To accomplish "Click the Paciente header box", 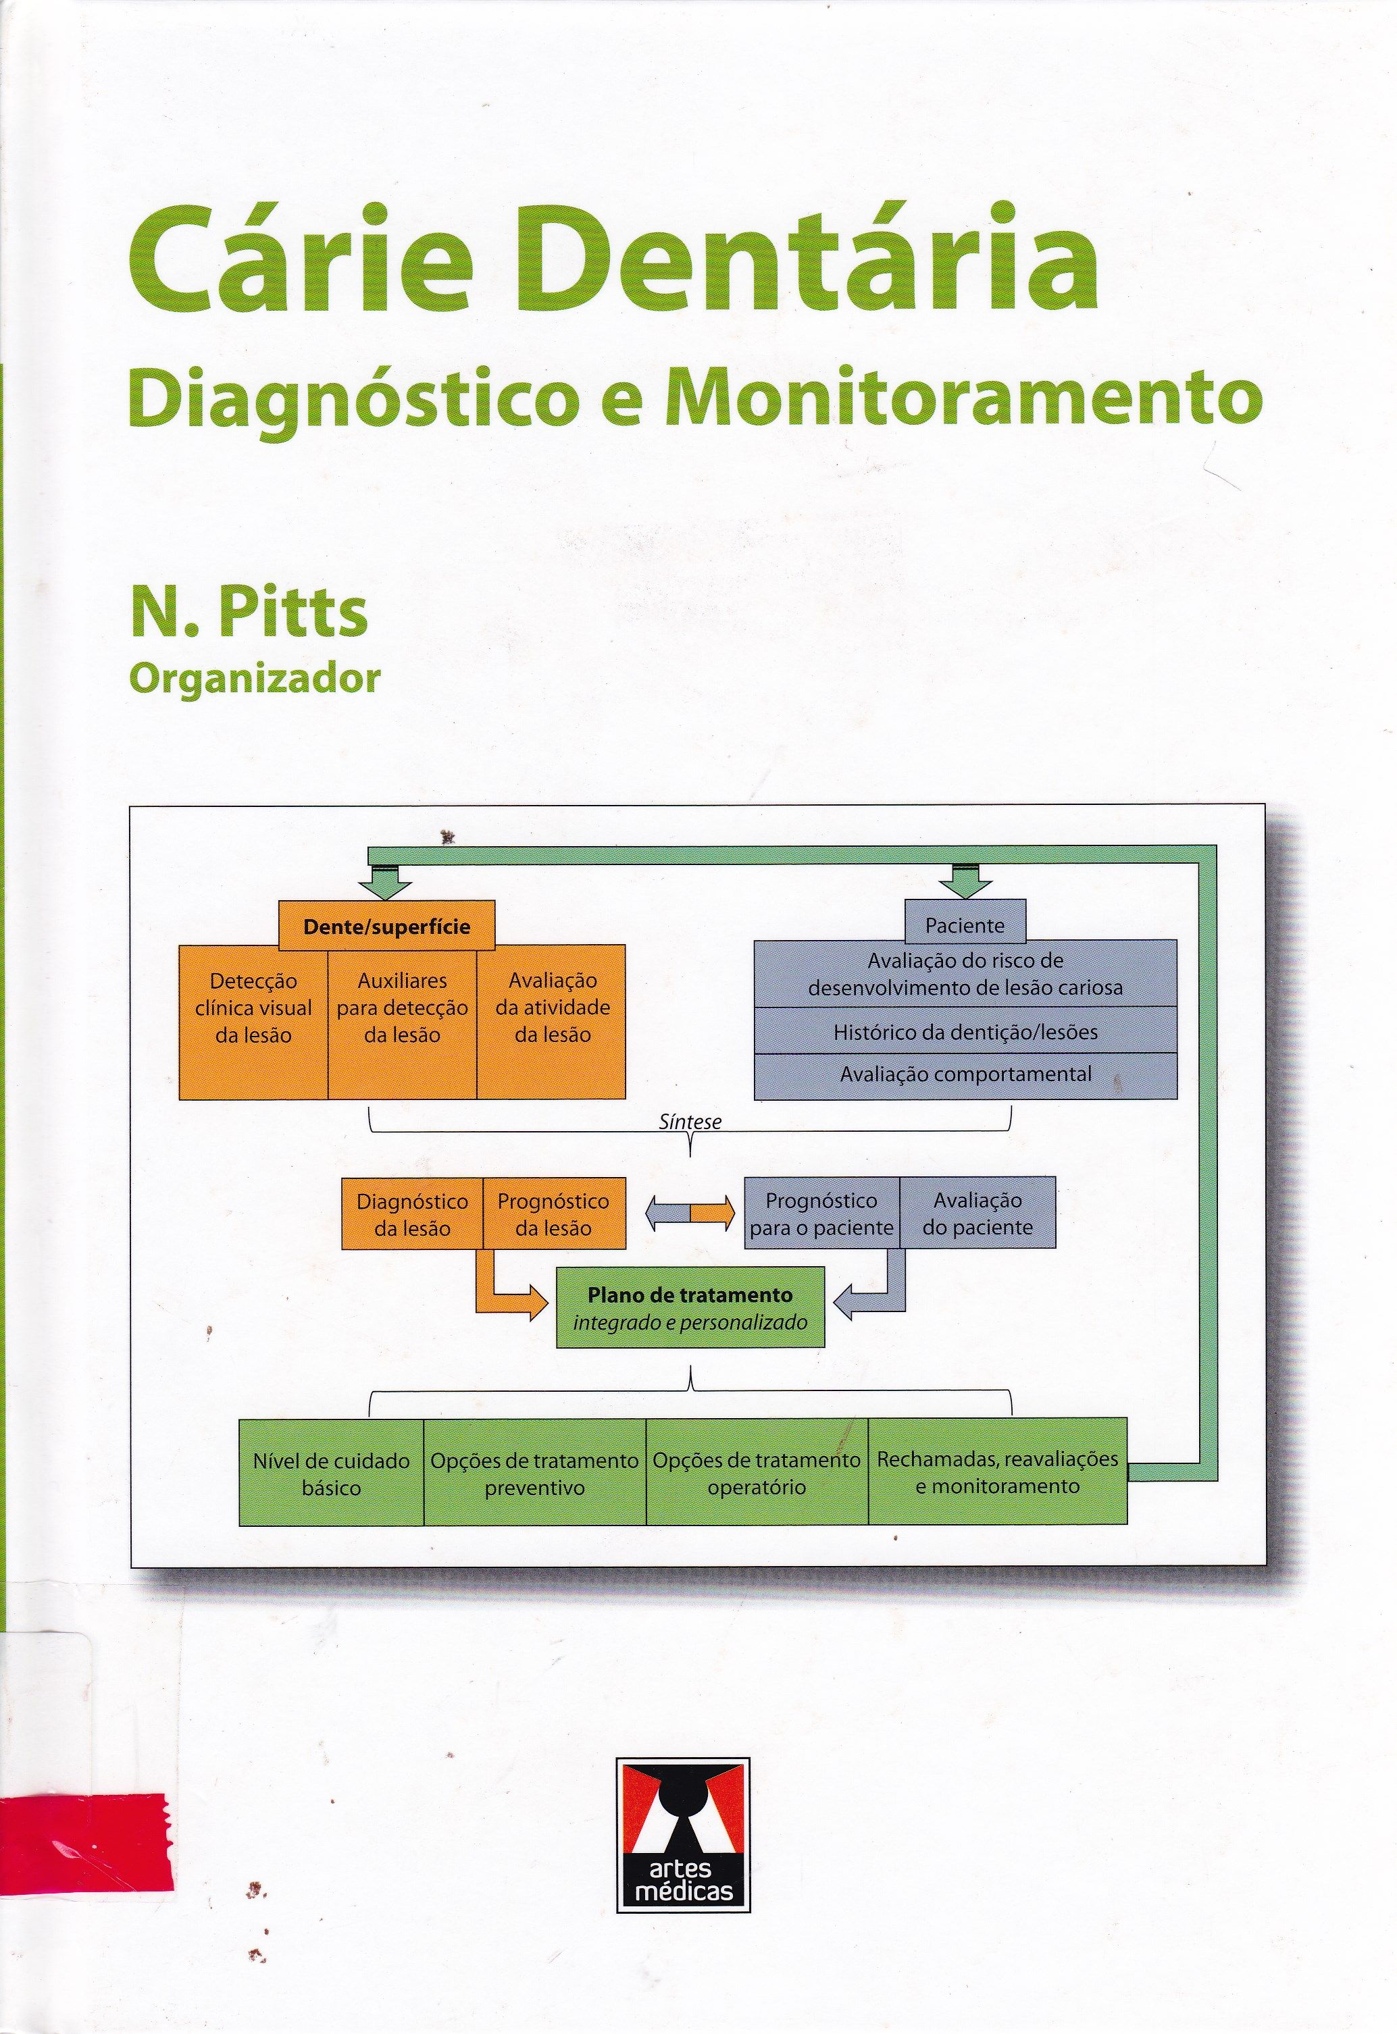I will pos(965,924).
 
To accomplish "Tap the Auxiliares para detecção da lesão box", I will pos(402,1020).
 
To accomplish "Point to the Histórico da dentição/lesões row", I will pos(965,1032).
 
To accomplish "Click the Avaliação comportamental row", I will pos(965,1075).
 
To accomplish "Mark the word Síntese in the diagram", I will pos(690,1122).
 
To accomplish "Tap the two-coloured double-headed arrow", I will pos(690,1216).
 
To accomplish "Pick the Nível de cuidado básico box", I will pos(331,1473).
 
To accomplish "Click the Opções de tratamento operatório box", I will pos(757,1473).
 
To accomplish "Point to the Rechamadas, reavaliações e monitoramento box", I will pos(997,1473).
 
